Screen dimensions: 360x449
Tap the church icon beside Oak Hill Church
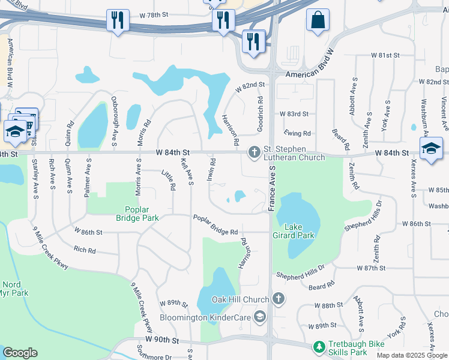click(279, 298)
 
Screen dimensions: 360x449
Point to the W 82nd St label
click(250, 87)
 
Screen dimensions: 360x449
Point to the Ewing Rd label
click(297, 133)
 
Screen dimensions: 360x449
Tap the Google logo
click(20, 353)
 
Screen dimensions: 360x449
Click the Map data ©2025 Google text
click(412, 355)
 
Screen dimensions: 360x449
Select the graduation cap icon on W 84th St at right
click(431, 149)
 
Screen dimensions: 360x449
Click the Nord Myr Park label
click(15, 289)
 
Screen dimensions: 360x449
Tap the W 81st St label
click(385, 55)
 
